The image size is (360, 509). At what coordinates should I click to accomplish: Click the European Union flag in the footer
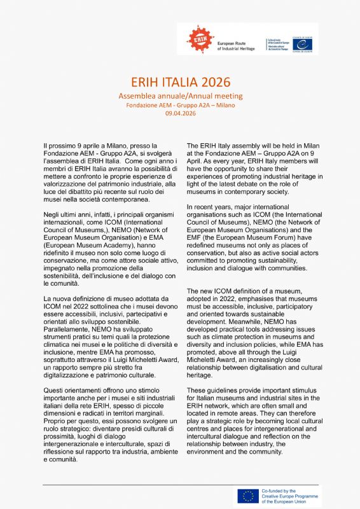click(248, 496)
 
